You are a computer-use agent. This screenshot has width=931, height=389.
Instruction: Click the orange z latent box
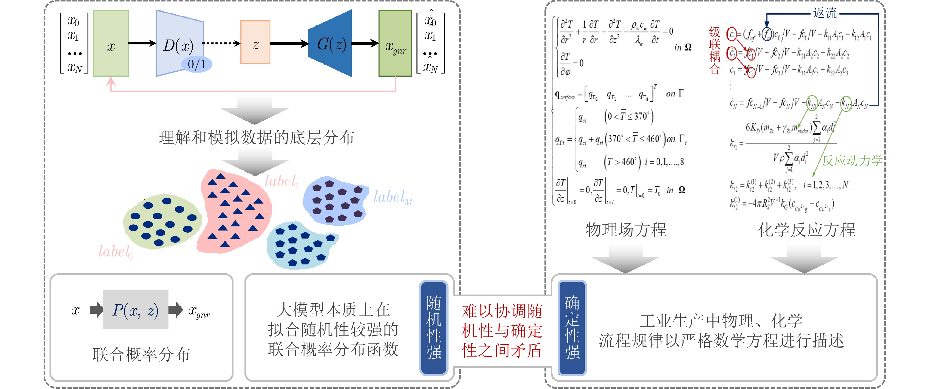(255, 42)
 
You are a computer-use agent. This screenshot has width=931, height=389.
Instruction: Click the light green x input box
(111, 43)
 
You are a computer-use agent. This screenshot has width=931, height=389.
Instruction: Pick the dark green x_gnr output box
(395, 43)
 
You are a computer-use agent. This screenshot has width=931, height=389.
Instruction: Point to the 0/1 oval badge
(196, 64)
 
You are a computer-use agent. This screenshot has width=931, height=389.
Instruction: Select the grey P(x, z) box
(135, 310)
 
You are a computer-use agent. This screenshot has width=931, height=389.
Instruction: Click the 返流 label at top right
(825, 13)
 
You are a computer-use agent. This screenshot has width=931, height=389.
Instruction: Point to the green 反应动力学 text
(852, 160)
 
